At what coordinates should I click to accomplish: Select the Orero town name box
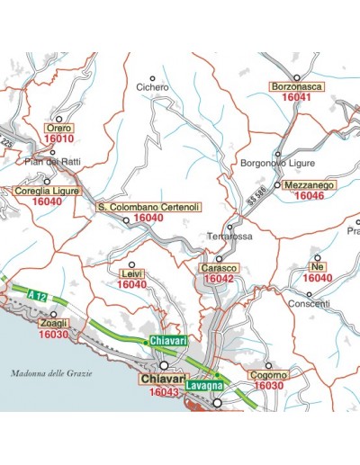pyautogui.click(x=58, y=129)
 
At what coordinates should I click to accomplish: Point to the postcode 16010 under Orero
pyautogui.click(x=58, y=139)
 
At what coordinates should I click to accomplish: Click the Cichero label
pyautogui.click(x=152, y=87)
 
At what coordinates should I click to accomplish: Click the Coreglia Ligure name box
pyautogui.click(x=46, y=192)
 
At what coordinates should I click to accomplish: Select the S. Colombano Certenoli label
pyautogui.click(x=148, y=207)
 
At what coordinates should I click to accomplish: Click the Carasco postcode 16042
pyautogui.click(x=219, y=280)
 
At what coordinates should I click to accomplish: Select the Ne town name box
pyautogui.click(x=316, y=268)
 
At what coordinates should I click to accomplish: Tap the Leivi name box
pyautogui.click(x=131, y=274)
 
